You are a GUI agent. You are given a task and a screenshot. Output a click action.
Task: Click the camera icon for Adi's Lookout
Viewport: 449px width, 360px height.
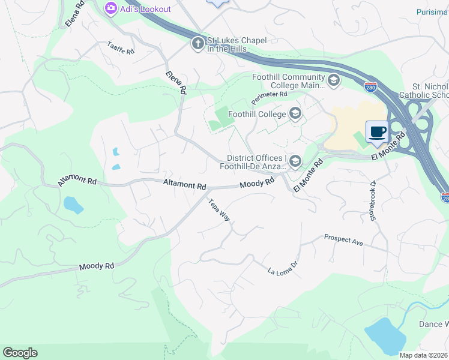point(110,8)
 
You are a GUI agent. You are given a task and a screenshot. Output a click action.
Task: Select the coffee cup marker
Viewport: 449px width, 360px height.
point(377,132)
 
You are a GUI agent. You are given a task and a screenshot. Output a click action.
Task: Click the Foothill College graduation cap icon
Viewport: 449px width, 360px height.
point(295,113)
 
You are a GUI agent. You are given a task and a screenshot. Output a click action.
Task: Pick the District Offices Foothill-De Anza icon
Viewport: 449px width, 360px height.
point(295,161)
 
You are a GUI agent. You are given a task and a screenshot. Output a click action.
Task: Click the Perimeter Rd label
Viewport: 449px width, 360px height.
point(270,95)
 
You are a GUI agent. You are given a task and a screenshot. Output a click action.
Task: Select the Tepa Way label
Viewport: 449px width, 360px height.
point(219,209)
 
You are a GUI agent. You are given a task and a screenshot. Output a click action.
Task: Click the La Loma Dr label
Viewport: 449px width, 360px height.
point(283,268)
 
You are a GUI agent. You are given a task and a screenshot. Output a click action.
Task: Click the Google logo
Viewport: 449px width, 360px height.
point(20,353)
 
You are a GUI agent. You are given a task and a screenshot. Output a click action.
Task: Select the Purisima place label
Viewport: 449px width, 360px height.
point(432,12)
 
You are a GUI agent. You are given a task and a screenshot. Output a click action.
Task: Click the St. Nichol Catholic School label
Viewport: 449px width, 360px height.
point(427,91)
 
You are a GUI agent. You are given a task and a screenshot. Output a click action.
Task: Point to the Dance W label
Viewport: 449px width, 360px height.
point(433,325)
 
